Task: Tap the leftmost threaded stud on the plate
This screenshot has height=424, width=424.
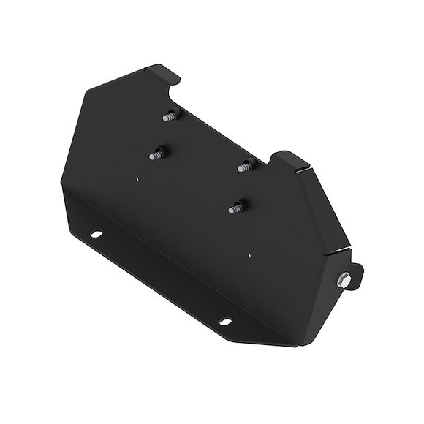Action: tap(156, 154)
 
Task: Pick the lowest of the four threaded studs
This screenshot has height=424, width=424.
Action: tap(234, 208)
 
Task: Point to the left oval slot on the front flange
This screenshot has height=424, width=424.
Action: tap(96, 234)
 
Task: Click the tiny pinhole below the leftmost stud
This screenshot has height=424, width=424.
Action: tap(138, 176)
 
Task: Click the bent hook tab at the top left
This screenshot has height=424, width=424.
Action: tap(167, 72)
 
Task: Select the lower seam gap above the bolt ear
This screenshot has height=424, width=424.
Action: tap(337, 251)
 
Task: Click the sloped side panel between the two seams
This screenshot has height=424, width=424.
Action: tap(322, 212)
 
